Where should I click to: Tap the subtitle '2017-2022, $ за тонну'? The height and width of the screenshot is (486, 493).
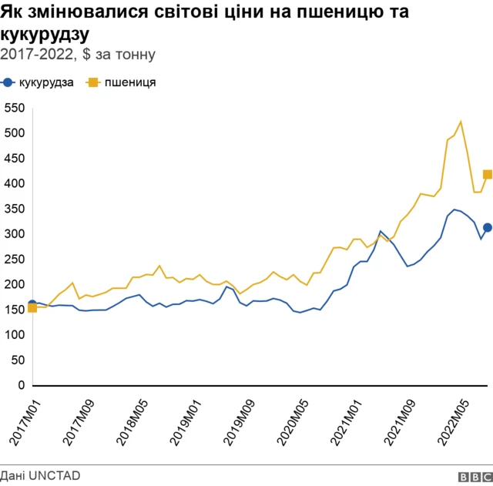click(78, 54)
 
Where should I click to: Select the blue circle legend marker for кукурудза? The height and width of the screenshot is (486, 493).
click(8, 83)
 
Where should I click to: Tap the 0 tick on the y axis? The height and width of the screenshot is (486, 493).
click(22, 385)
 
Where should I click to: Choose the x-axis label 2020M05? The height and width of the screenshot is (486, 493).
click(291, 419)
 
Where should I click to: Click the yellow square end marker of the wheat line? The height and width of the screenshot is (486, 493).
click(487, 174)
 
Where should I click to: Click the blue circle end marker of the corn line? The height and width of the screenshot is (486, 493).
click(487, 227)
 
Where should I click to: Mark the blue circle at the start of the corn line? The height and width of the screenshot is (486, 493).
click(32, 304)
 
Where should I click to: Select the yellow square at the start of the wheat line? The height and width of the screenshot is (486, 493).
click(32, 309)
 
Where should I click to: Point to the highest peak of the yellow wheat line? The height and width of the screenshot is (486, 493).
click(461, 122)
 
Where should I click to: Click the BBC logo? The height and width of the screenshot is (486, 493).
click(474, 477)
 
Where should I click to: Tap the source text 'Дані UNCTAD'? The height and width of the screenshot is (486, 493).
click(40, 476)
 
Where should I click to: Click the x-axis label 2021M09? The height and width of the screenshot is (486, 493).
click(398, 419)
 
